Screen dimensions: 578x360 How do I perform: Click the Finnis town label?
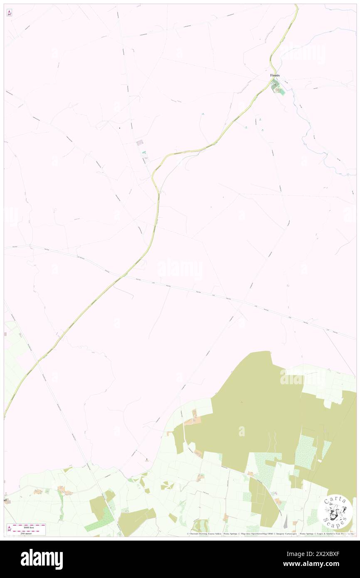coord(275,75)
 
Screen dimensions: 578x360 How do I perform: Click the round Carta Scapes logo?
coord(335,512)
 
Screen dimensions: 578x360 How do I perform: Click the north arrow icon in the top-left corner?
coord(9,13)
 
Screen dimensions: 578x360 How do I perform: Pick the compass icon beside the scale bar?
coord(9,528)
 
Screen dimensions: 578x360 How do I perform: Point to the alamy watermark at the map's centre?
coord(180,269)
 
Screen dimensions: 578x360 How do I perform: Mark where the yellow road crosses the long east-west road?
coord(122,276)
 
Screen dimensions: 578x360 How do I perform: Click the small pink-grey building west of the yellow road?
coord(140,143)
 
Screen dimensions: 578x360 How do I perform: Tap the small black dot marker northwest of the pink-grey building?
coord(119,128)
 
